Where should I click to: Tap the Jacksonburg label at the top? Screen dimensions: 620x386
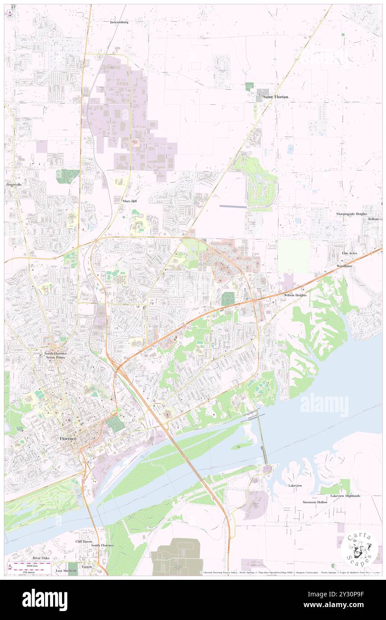[x=119, y=21]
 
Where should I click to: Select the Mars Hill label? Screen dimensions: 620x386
[x=130, y=201]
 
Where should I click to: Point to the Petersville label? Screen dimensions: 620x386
[x=14, y=184]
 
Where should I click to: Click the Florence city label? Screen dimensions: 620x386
[x=68, y=438]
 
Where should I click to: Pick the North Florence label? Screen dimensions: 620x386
[x=56, y=354]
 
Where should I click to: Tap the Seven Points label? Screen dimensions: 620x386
[x=56, y=358]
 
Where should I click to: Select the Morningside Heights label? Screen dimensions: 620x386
[x=351, y=214]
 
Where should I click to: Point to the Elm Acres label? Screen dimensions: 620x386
[x=349, y=253]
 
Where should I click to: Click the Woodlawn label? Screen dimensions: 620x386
[x=344, y=266]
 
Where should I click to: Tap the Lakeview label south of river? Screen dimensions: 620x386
[x=295, y=485]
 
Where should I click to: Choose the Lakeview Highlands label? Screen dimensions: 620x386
[x=345, y=496]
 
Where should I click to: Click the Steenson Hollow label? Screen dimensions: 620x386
[x=315, y=502]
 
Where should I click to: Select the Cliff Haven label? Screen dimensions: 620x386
[x=83, y=541]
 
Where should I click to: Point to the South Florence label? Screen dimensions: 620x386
[x=103, y=545]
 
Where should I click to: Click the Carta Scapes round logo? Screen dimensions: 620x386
[x=359, y=549]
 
